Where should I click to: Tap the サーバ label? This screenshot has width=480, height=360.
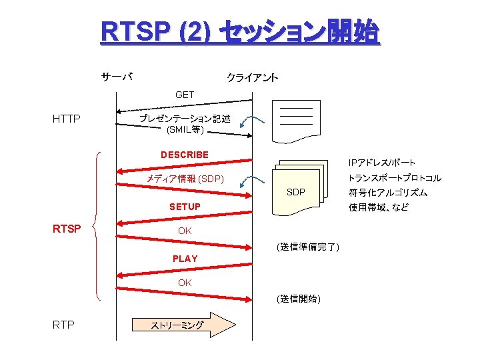point(117,76)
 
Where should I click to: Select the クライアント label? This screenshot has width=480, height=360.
point(253,79)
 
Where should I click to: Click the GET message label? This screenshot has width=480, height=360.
point(185,95)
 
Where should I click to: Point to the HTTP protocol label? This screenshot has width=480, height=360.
point(67,119)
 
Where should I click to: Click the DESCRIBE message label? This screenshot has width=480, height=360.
point(185,155)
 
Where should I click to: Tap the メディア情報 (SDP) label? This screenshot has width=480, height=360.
point(185,179)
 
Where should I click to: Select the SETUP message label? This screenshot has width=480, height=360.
point(185,207)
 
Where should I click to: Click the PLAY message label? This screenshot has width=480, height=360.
point(185,258)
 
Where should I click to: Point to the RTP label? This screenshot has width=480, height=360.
point(63,325)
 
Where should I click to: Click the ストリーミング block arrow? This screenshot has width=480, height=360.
point(184,325)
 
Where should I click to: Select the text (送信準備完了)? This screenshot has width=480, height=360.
point(307,247)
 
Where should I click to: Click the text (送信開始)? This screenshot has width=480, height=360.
point(298,299)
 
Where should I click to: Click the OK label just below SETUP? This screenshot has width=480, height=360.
point(185,231)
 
